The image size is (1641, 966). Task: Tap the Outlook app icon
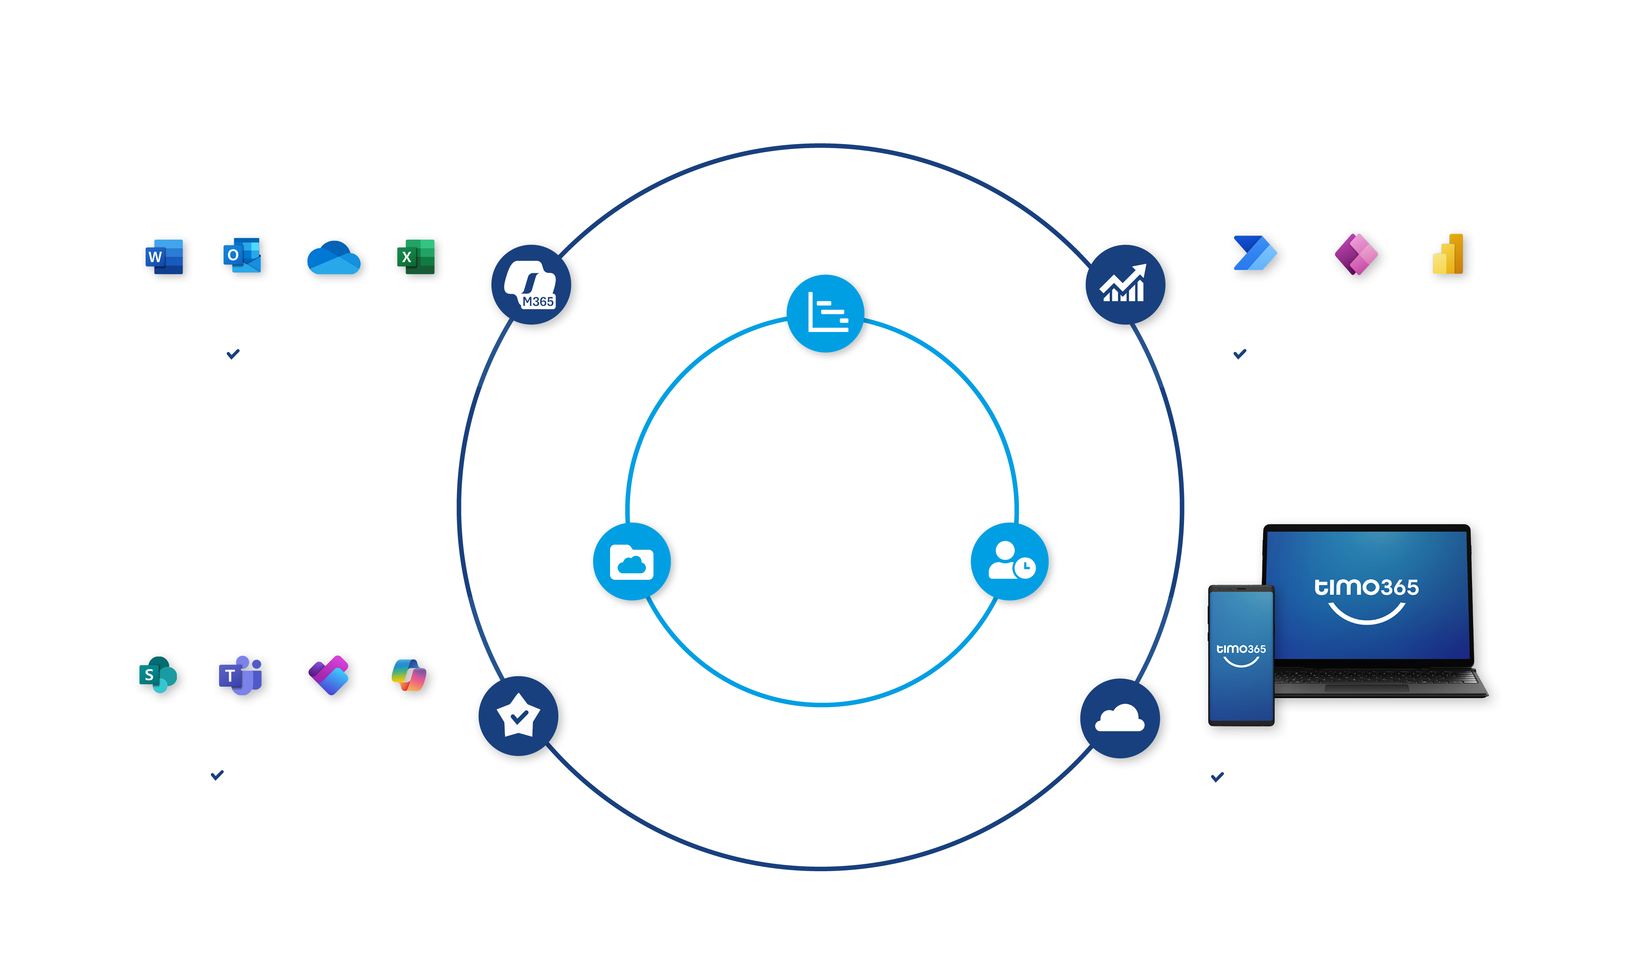click(242, 255)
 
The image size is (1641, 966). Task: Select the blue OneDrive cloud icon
click(334, 258)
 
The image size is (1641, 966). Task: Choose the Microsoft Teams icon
click(240, 675)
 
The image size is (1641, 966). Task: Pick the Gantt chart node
click(826, 314)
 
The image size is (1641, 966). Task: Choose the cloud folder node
click(632, 562)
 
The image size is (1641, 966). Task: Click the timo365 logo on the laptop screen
click(1366, 599)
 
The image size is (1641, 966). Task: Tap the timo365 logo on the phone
click(1241, 654)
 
